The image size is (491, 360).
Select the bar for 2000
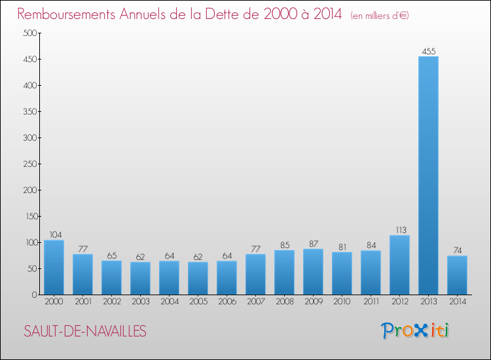point(54,267)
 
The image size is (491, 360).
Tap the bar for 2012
point(399,265)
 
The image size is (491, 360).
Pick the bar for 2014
point(457,275)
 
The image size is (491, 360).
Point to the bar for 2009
point(313,272)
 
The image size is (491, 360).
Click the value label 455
point(428,51)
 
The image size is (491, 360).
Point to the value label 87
point(313,243)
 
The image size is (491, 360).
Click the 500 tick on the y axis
point(30,33)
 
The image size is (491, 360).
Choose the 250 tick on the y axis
point(30,164)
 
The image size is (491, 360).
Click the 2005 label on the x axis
point(198,302)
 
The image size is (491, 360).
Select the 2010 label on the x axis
point(342,302)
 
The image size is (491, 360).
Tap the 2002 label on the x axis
point(111,302)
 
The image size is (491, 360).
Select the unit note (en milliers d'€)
point(380,15)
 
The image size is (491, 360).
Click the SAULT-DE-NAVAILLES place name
point(85,331)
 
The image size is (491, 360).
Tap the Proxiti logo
point(415,331)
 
